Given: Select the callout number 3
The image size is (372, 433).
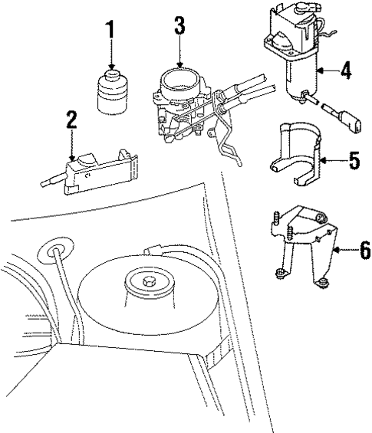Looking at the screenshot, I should pyautogui.click(x=179, y=25).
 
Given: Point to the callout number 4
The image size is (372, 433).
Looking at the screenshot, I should pyautogui.click(x=346, y=71).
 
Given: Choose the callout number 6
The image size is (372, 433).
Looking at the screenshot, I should pyautogui.click(x=364, y=250).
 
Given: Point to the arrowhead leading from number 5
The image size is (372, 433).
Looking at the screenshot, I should pyautogui.click(x=322, y=161).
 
